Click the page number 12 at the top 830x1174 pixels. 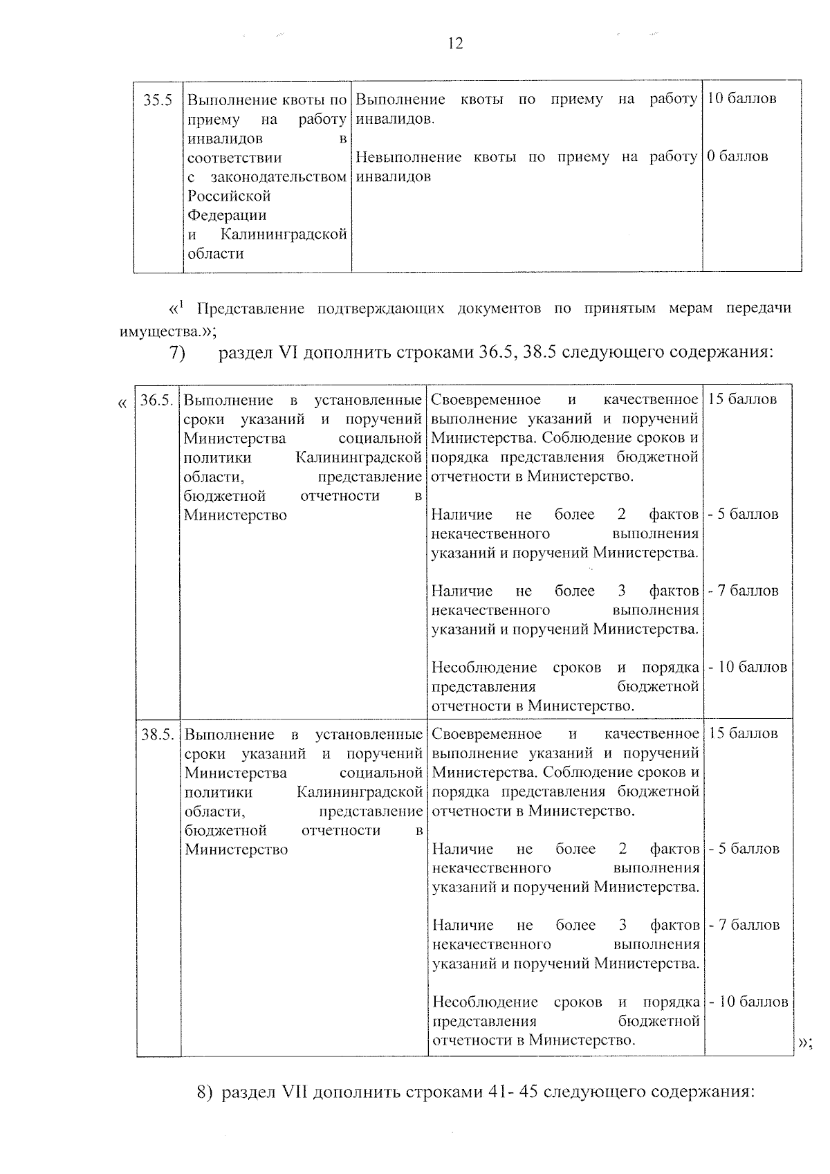coord(455,44)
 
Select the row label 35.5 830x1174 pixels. coord(158,100)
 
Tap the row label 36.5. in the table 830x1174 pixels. coord(157,401)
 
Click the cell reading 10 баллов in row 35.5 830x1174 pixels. coord(742,99)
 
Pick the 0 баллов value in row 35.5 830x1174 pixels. coord(738,157)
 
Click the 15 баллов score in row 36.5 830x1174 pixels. coord(743,400)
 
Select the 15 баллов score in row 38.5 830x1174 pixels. coord(744,734)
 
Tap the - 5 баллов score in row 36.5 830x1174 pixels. coord(744,515)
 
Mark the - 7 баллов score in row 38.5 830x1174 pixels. coord(745,926)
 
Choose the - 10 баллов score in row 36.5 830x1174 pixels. coord(748,668)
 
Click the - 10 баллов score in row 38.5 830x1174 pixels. coord(748,1002)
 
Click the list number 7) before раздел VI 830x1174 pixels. coord(178,353)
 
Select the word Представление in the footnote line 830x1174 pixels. coord(251,309)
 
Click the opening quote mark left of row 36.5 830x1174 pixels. coord(122,402)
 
